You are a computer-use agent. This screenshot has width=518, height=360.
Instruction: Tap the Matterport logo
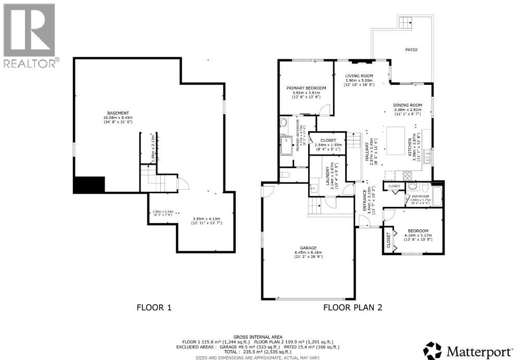(x=469, y=351)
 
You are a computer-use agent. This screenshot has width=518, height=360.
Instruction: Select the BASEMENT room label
(x=118, y=113)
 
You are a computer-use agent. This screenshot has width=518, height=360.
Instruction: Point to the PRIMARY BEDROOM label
(x=306, y=88)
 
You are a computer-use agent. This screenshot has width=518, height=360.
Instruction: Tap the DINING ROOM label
(x=407, y=105)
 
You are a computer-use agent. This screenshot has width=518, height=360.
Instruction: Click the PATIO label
(x=411, y=49)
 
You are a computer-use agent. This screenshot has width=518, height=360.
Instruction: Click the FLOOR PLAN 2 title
(x=353, y=307)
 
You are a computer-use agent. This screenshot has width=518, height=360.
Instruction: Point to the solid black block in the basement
(x=89, y=184)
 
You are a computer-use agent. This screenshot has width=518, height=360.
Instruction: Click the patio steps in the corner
(x=407, y=22)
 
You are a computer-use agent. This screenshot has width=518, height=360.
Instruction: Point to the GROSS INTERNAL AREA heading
(x=258, y=337)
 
